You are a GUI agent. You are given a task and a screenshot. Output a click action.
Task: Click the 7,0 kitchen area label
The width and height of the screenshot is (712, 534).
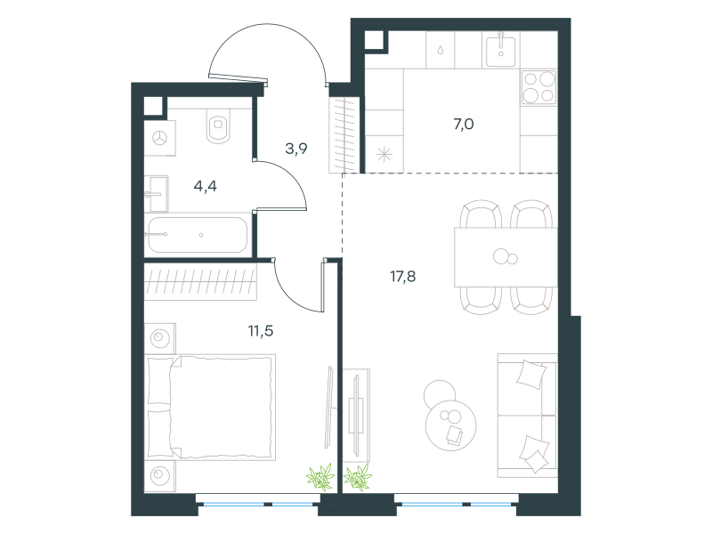[x=464, y=124]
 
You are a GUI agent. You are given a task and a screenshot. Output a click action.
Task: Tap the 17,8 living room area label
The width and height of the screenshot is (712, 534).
[x=403, y=276]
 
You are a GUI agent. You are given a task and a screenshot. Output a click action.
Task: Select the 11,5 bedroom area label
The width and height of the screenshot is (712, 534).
[x=261, y=331]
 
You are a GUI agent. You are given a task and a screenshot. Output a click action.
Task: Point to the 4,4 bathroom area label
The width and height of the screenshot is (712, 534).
[x=206, y=186]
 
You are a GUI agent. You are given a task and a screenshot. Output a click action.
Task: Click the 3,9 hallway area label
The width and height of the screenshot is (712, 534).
[x=296, y=148]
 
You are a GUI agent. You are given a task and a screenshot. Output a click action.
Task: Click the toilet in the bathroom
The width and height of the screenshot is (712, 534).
[x=219, y=125]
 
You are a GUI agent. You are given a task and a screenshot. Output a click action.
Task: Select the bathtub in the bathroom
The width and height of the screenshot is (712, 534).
[x=197, y=235]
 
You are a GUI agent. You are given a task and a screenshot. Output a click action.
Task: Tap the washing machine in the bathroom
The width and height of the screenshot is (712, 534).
[x=160, y=138]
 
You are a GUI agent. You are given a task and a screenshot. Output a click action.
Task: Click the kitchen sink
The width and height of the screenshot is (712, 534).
[x=501, y=51]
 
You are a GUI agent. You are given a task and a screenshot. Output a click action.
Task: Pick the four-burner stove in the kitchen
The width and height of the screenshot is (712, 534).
[x=539, y=87]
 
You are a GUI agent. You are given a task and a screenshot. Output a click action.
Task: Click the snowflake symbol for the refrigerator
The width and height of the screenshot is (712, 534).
[x=384, y=155]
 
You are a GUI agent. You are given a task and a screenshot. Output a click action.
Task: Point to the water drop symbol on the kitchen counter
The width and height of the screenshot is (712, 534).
[x=440, y=50]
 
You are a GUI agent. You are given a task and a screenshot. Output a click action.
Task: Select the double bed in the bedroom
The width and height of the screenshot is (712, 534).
[x=211, y=408]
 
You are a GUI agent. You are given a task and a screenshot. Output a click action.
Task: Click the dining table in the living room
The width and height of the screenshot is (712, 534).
[x=506, y=257]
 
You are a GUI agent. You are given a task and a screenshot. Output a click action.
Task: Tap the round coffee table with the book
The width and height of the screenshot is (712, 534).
[x=451, y=425]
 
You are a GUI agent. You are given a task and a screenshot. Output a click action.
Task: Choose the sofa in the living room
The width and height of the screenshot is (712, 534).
[x=528, y=416]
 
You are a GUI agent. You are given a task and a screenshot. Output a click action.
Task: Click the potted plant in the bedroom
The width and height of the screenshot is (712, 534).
[x=320, y=477]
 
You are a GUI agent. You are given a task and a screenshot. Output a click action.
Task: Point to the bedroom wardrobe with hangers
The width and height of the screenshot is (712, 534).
[x=200, y=281]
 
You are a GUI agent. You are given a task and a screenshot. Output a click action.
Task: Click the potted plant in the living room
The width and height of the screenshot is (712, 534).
[x=358, y=477]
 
